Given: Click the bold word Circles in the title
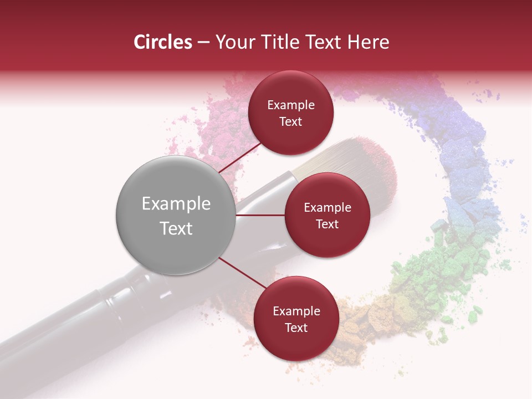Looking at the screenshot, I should (x=162, y=42).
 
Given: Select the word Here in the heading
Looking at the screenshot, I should (x=367, y=42).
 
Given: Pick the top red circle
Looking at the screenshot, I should (x=291, y=112).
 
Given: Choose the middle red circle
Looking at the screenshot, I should (x=327, y=215).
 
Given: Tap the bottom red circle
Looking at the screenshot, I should (x=296, y=319).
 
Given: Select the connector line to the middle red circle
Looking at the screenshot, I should (x=260, y=215).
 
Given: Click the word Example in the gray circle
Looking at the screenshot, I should (x=176, y=204).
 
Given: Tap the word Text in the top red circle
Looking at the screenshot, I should (x=291, y=122).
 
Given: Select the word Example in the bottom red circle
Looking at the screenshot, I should (x=296, y=311).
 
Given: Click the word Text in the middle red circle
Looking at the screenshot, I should (x=327, y=224).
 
